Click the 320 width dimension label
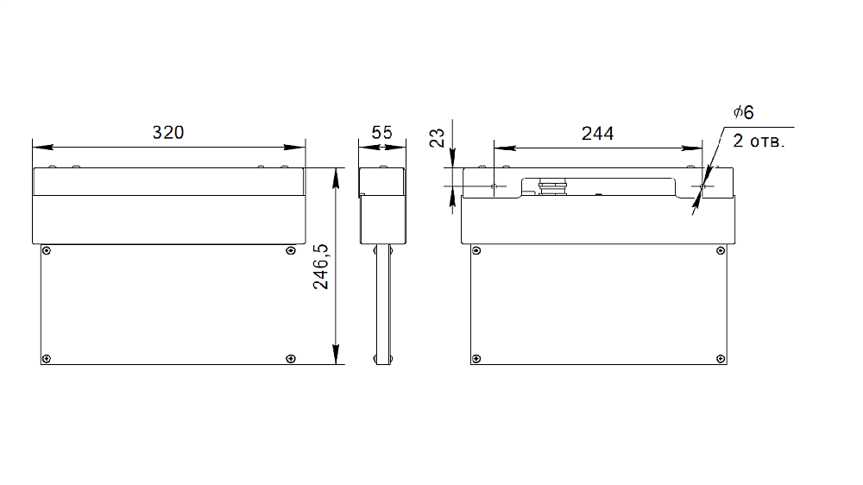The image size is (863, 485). point(168,133)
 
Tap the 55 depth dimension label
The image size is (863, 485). point(382,133)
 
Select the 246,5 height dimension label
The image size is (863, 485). point(320,267)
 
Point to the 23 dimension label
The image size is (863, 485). point(437,138)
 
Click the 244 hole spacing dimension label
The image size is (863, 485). point(597,133)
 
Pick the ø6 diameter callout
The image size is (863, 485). point(744,112)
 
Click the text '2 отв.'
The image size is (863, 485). point(759,141)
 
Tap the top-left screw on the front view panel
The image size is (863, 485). point(47,251)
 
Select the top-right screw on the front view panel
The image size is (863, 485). point(291,251)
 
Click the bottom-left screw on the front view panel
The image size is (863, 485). point(47,359)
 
